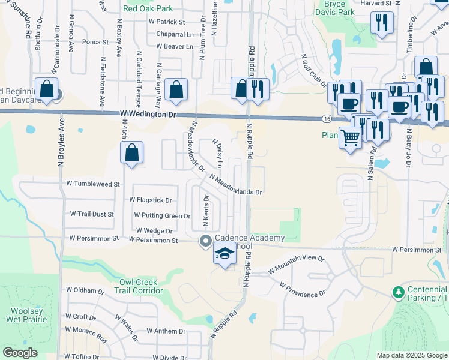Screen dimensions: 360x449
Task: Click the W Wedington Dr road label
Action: (x=149, y=114)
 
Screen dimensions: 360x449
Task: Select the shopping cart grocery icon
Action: (x=351, y=137)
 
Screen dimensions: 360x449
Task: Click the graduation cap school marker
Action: (x=224, y=254)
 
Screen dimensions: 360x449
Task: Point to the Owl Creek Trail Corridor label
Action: (x=139, y=286)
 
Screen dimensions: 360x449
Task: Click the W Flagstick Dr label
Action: (x=151, y=200)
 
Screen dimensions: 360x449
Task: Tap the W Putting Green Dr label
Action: (x=162, y=215)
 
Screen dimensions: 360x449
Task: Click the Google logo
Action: (x=20, y=353)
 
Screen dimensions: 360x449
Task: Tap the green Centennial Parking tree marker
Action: (x=397, y=292)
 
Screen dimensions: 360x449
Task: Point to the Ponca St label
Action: (x=95, y=43)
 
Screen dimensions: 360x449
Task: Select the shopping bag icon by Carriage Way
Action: (x=175, y=90)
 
